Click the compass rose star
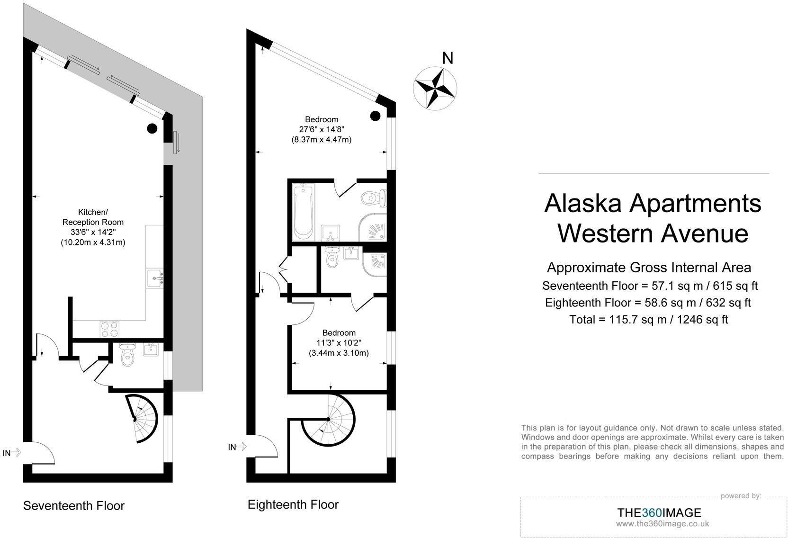435,88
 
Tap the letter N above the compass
448,58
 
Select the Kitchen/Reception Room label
93,217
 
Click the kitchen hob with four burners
109,329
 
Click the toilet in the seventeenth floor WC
127,355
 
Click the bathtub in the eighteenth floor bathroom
303,212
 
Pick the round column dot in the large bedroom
375,116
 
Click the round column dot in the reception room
152,129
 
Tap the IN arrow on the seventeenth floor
12,453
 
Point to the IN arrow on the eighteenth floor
237,447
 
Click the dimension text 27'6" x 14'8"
322,129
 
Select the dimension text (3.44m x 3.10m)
339,353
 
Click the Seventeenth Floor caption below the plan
74,506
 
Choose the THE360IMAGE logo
659,512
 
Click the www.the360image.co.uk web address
663,524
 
